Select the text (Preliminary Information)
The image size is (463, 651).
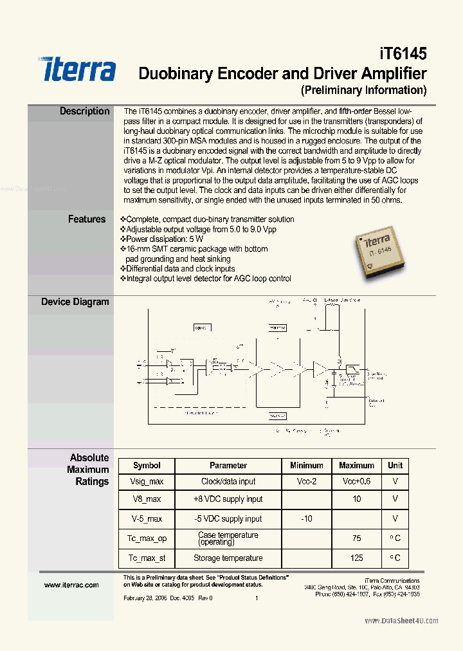click(x=363, y=90)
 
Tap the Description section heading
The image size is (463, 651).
click(x=84, y=111)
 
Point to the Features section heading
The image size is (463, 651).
click(x=86, y=219)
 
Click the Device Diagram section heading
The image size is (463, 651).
click(x=75, y=302)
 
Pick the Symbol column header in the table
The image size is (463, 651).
click(x=147, y=465)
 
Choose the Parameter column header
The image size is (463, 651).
click(x=228, y=465)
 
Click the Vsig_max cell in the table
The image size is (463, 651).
click(x=147, y=481)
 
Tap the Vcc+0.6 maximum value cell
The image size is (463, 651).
click(x=356, y=481)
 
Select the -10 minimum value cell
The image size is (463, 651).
click(x=306, y=518)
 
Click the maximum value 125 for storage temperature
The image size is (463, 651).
click(x=356, y=558)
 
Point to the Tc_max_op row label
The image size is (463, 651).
click(x=147, y=538)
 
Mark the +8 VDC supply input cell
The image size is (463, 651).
click(x=228, y=499)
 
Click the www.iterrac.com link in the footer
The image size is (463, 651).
click(x=71, y=585)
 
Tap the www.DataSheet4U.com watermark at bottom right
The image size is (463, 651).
click(x=401, y=621)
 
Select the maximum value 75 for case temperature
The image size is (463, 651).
click(x=356, y=538)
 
